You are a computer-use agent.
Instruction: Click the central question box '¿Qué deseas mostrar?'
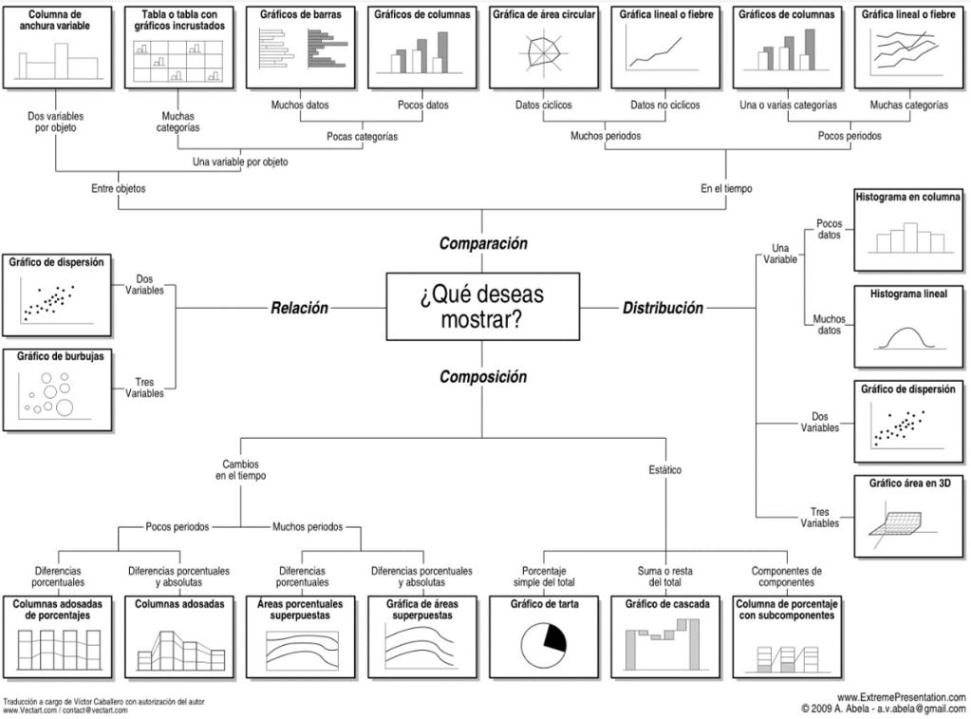[x=481, y=307]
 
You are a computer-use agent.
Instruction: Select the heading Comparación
[x=482, y=244]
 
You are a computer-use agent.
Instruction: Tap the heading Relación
[x=299, y=308]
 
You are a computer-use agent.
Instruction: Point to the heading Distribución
[x=663, y=308]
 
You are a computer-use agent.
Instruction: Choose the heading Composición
[x=482, y=377]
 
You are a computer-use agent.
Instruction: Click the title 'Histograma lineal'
[x=908, y=294]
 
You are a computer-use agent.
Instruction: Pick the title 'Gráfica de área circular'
[x=544, y=15]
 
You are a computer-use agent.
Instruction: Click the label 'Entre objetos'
[x=119, y=189]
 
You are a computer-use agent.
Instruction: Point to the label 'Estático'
[x=664, y=470]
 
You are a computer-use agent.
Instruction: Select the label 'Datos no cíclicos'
[x=665, y=105]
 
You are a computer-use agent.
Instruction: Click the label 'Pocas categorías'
[x=362, y=137]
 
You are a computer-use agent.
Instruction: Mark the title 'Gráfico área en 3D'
[x=908, y=482]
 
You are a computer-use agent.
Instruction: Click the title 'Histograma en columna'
[x=908, y=198]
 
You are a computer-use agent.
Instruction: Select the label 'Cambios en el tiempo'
[x=240, y=469]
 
